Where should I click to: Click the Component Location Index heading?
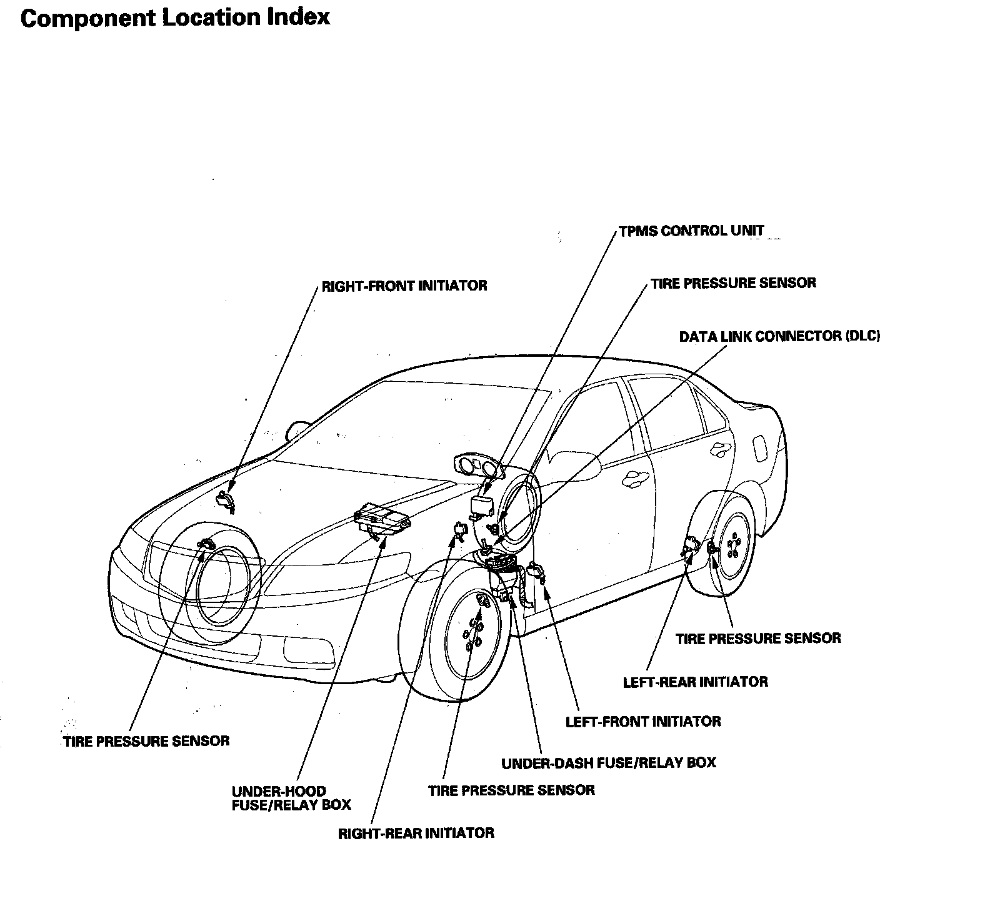click(175, 17)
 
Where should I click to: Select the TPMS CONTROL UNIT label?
click(691, 231)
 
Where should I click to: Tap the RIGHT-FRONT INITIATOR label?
click(404, 286)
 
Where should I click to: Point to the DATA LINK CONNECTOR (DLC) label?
click(779, 336)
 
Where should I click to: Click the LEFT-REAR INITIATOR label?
click(695, 682)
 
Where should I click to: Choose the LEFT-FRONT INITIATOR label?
click(642, 722)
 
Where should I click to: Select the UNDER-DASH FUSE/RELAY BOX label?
click(609, 763)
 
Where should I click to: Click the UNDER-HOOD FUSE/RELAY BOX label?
click(291, 798)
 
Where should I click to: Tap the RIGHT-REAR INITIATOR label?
click(416, 834)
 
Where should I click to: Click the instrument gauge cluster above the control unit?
click(478, 467)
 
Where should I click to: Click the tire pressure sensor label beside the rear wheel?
click(758, 639)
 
